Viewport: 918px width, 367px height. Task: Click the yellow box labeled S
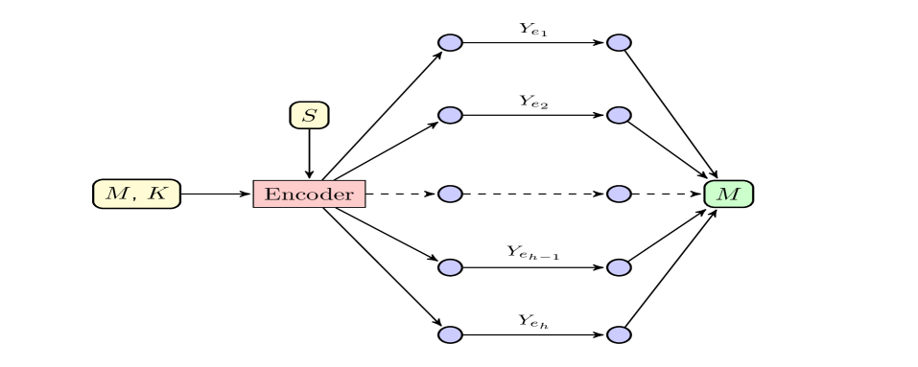(x=309, y=116)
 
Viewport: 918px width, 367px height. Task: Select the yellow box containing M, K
(x=136, y=194)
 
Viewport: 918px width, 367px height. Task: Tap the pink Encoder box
(x=309, y=194)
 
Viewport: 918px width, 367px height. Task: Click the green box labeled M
(x=728, y=194)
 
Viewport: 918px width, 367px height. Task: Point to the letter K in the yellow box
(x=157, y=194)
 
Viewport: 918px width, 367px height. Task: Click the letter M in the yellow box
(x=115, y=194)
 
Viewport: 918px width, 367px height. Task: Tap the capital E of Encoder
(x=271, y=194)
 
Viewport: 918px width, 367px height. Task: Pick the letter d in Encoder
(x=324, y=194)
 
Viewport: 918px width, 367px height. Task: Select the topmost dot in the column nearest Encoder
(x=450, y=42)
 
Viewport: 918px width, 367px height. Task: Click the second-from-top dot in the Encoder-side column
(x=450, y=115)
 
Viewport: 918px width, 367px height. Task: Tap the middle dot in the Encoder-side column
(x=450, y=194)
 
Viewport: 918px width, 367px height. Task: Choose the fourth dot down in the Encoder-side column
(x=450, y=267)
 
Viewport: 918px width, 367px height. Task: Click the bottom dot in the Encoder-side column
(x=450, y=334)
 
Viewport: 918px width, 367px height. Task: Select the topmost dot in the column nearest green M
(x=619, y=42)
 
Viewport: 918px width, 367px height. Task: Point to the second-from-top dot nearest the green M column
(x=619, y=115)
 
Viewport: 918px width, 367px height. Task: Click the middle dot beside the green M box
(x=619, y=194)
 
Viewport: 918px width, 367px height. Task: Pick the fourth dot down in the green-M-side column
(x=619, y=267)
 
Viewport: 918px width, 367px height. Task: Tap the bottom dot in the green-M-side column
(x=619, y=334)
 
